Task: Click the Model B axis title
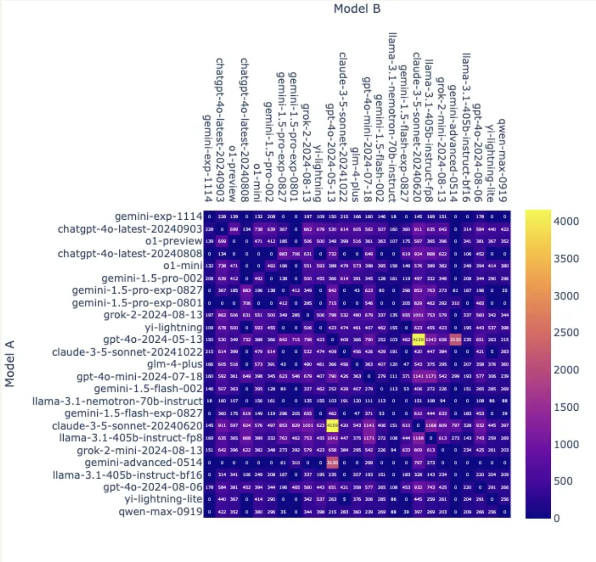(x=357, y=8)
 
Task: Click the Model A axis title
(x=10, y=364)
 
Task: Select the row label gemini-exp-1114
(x=158, y=216)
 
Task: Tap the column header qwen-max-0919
(x=503, y=160)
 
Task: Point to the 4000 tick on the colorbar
(x=566, y=221)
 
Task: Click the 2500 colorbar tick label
(x=566, y=332)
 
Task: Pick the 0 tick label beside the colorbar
(x=556, y=518)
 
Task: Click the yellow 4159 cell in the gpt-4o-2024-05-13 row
(x=418, y=339)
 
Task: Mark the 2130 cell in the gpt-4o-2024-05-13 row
(x=455, y=339)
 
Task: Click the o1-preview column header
(x=232, y=174)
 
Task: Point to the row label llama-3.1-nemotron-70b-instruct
(x=117, y=401)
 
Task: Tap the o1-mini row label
(x=183, y=265)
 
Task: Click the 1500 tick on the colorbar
(x=566, y=407)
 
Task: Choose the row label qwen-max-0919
(x=160, y=512)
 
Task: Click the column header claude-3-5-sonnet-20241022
(x=343, y=127)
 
